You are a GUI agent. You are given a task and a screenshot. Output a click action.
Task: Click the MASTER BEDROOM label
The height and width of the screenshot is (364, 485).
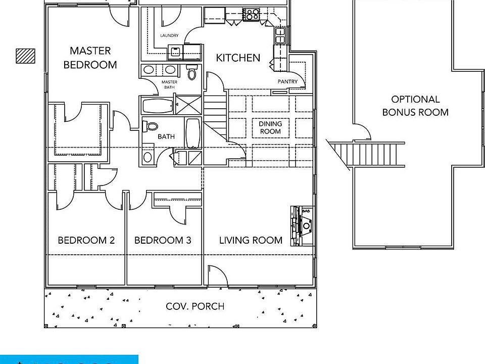pos(90,58)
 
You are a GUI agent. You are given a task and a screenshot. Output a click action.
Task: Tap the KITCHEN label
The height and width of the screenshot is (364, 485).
pos(238,58)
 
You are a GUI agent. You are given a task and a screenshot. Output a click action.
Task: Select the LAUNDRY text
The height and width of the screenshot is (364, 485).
pos(169,36)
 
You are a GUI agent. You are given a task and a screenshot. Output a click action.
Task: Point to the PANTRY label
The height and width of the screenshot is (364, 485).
pos(287,81)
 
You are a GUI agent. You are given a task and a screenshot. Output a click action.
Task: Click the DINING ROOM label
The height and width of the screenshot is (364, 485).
pos(270,127)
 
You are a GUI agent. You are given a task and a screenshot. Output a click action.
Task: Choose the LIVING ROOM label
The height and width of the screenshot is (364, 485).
pos(251,240)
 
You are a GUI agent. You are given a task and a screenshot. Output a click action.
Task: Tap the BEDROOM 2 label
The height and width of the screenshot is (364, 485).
pos(86,240)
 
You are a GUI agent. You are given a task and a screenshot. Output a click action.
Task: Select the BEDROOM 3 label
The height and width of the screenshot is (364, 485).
pos(163,240)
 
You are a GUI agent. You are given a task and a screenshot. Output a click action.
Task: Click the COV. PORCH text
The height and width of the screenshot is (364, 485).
pos(195,306)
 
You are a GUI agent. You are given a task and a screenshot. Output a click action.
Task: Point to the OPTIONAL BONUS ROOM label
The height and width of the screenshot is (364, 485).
pos(415,106)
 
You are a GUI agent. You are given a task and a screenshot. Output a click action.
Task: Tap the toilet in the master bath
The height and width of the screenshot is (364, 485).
pos(192,73)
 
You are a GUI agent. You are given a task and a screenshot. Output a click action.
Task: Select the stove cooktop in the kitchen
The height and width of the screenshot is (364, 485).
pos(251,14)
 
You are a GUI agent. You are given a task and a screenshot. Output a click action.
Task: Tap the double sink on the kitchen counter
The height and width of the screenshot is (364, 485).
pos(280,35)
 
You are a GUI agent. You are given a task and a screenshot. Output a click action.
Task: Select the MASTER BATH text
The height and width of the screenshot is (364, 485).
pos(169,84)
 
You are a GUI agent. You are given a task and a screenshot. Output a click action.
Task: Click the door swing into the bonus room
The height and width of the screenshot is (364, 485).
pos(363,132)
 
